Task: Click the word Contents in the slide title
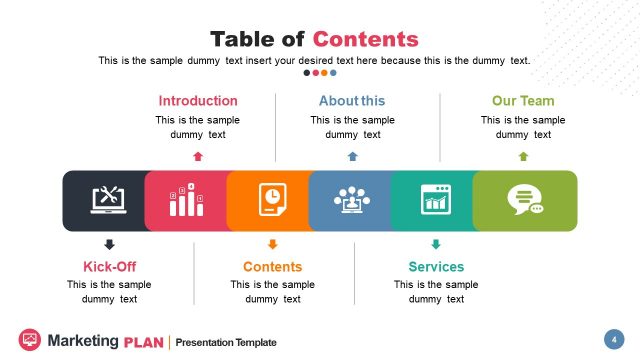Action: pos(365,39)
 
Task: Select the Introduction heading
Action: pos(198,101)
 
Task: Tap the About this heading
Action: pos(352,101)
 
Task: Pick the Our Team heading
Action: pos(523,101)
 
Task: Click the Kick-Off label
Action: pos(109,267)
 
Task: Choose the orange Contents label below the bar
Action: pos(272,267)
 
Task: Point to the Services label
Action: pos(436,267)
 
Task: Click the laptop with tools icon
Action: pos(108,200)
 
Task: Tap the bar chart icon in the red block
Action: pos(187,200)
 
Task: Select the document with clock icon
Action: pos(271,200)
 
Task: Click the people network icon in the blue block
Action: pos(352,200)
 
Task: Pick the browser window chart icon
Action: pos(435,200)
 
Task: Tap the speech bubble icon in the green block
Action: pos(524,200)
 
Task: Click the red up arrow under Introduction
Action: pos(198,156)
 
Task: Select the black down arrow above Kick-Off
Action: pos(109,244)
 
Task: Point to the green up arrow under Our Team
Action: pos(523,156)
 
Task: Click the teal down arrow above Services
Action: pos(435,244)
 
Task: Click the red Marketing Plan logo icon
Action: pos(30,339)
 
